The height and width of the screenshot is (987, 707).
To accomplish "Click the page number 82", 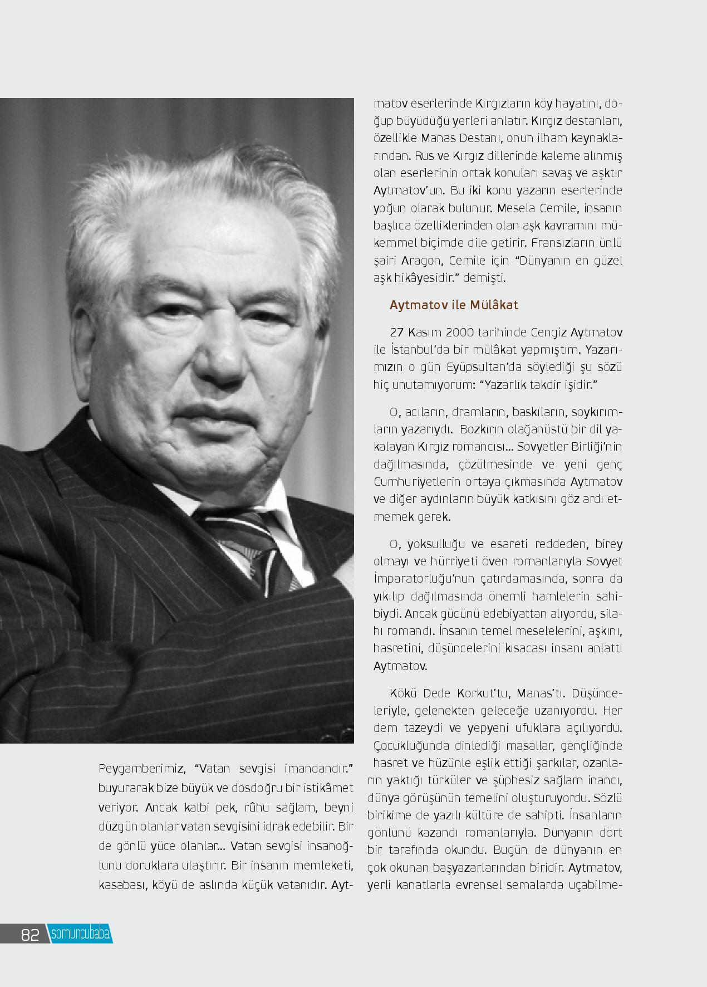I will pyautogui.click(x=30, y=935).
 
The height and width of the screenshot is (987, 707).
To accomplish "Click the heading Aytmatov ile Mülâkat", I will pyautogui.click(x=454, y=305).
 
